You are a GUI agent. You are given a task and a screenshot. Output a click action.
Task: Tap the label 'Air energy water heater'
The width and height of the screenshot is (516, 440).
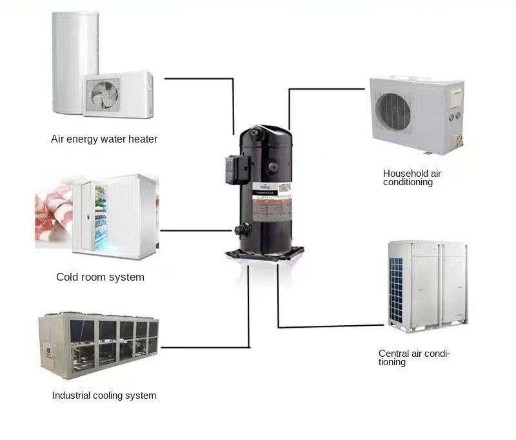click(x=104, y=139)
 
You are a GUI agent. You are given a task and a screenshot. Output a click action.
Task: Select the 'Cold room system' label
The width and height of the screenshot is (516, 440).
click(x=100, y=277)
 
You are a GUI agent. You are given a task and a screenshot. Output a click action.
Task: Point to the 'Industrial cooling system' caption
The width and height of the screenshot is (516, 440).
click(x=104, y=395)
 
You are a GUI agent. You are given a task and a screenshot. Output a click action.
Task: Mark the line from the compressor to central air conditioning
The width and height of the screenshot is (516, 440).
click(x=322, y=326)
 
